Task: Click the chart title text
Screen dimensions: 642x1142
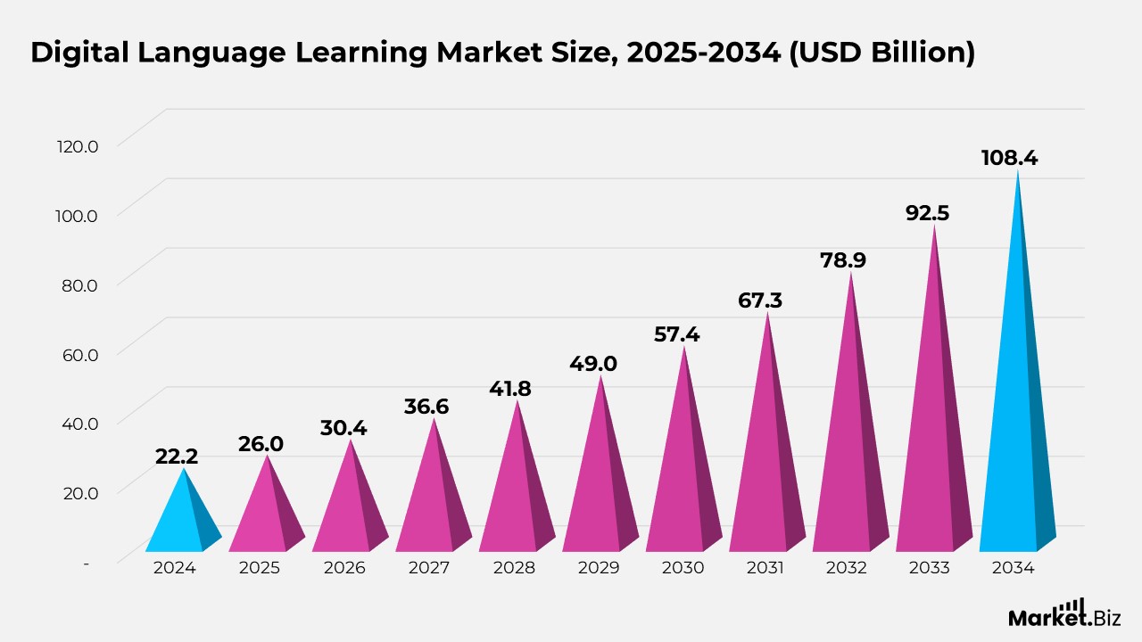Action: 502,53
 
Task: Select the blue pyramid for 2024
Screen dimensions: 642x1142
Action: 183,522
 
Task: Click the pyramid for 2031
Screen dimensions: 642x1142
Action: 766,464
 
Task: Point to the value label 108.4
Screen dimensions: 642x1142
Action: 1009,159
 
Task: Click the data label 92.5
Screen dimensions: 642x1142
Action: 927,213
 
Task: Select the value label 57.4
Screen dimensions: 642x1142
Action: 676,335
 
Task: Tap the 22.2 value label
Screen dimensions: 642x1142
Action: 177,457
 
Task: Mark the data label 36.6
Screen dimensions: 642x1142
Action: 426,407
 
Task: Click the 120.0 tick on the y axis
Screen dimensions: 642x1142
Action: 77,145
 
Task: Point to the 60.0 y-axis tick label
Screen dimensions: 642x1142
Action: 77,353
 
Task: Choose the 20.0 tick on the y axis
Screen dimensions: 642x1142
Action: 77,491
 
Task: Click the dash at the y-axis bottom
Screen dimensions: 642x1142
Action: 87,563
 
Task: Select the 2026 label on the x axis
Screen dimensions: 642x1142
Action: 344,568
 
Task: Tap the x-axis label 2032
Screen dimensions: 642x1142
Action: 845,568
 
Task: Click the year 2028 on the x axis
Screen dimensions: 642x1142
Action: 511,568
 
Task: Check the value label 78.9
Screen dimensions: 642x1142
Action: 843,260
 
